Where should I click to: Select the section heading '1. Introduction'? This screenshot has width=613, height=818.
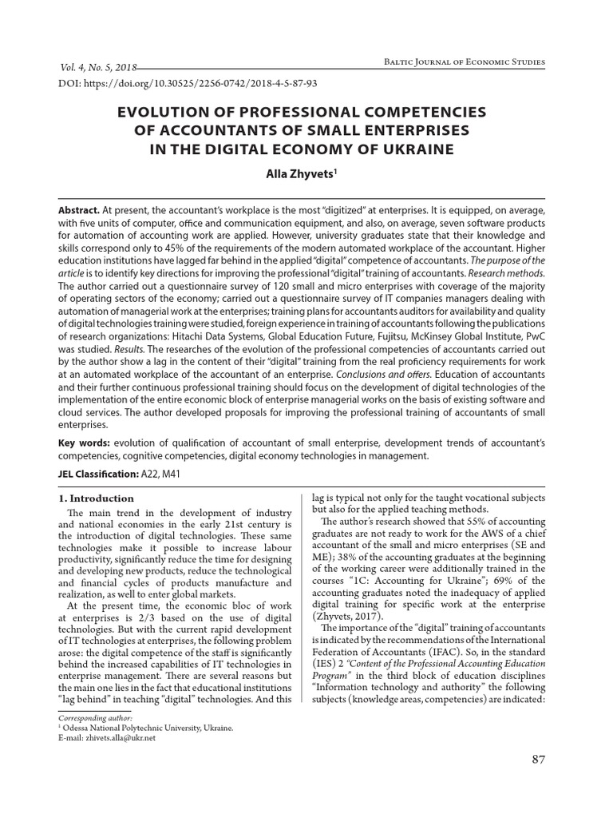click(x=97, y=499)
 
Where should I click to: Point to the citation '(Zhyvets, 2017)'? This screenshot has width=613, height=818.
click(x=346, y=617)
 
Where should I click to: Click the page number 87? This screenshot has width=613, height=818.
click(x=538, y=758)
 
